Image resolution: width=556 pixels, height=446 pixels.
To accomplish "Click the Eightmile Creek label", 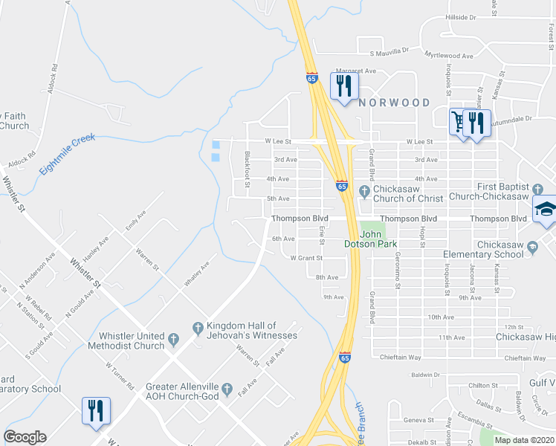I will [68, 155].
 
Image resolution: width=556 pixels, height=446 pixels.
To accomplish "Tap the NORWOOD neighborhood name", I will [394, 103].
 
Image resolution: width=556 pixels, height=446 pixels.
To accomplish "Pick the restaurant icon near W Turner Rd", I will [96, 412].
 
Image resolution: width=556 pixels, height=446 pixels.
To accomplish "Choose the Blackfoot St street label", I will [248, 169].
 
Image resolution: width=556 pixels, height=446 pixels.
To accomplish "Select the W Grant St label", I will [306, 258].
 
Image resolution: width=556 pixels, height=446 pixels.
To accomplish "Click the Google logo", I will [25, 437].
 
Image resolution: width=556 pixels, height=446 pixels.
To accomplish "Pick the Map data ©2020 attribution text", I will [525, 440].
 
